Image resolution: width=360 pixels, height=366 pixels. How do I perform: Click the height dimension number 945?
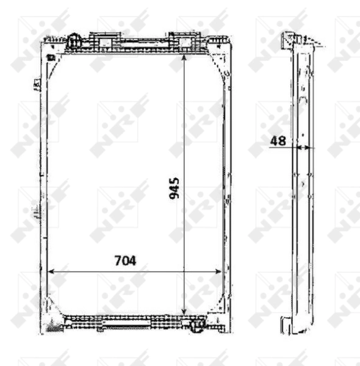(x=174, y=188)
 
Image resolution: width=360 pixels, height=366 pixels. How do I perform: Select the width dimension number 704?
(x=125, y=260)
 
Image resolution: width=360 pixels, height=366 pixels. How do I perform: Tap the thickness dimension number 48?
(x=278, y=141)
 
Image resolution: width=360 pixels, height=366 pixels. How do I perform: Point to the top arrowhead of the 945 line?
(x=184, y=57)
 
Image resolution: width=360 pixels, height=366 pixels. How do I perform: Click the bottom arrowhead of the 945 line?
(x=184, y=312)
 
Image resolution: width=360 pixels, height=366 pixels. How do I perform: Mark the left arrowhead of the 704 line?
(x=51, y=271)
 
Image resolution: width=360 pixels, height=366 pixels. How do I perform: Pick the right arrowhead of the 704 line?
(x=218, y=271)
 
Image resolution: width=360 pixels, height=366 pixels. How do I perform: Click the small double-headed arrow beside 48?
(x=303, y=148)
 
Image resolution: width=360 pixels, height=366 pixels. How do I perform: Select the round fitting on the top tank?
(x=74, y=41)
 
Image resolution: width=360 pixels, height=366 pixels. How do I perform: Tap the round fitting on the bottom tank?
(x=197, y=325)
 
